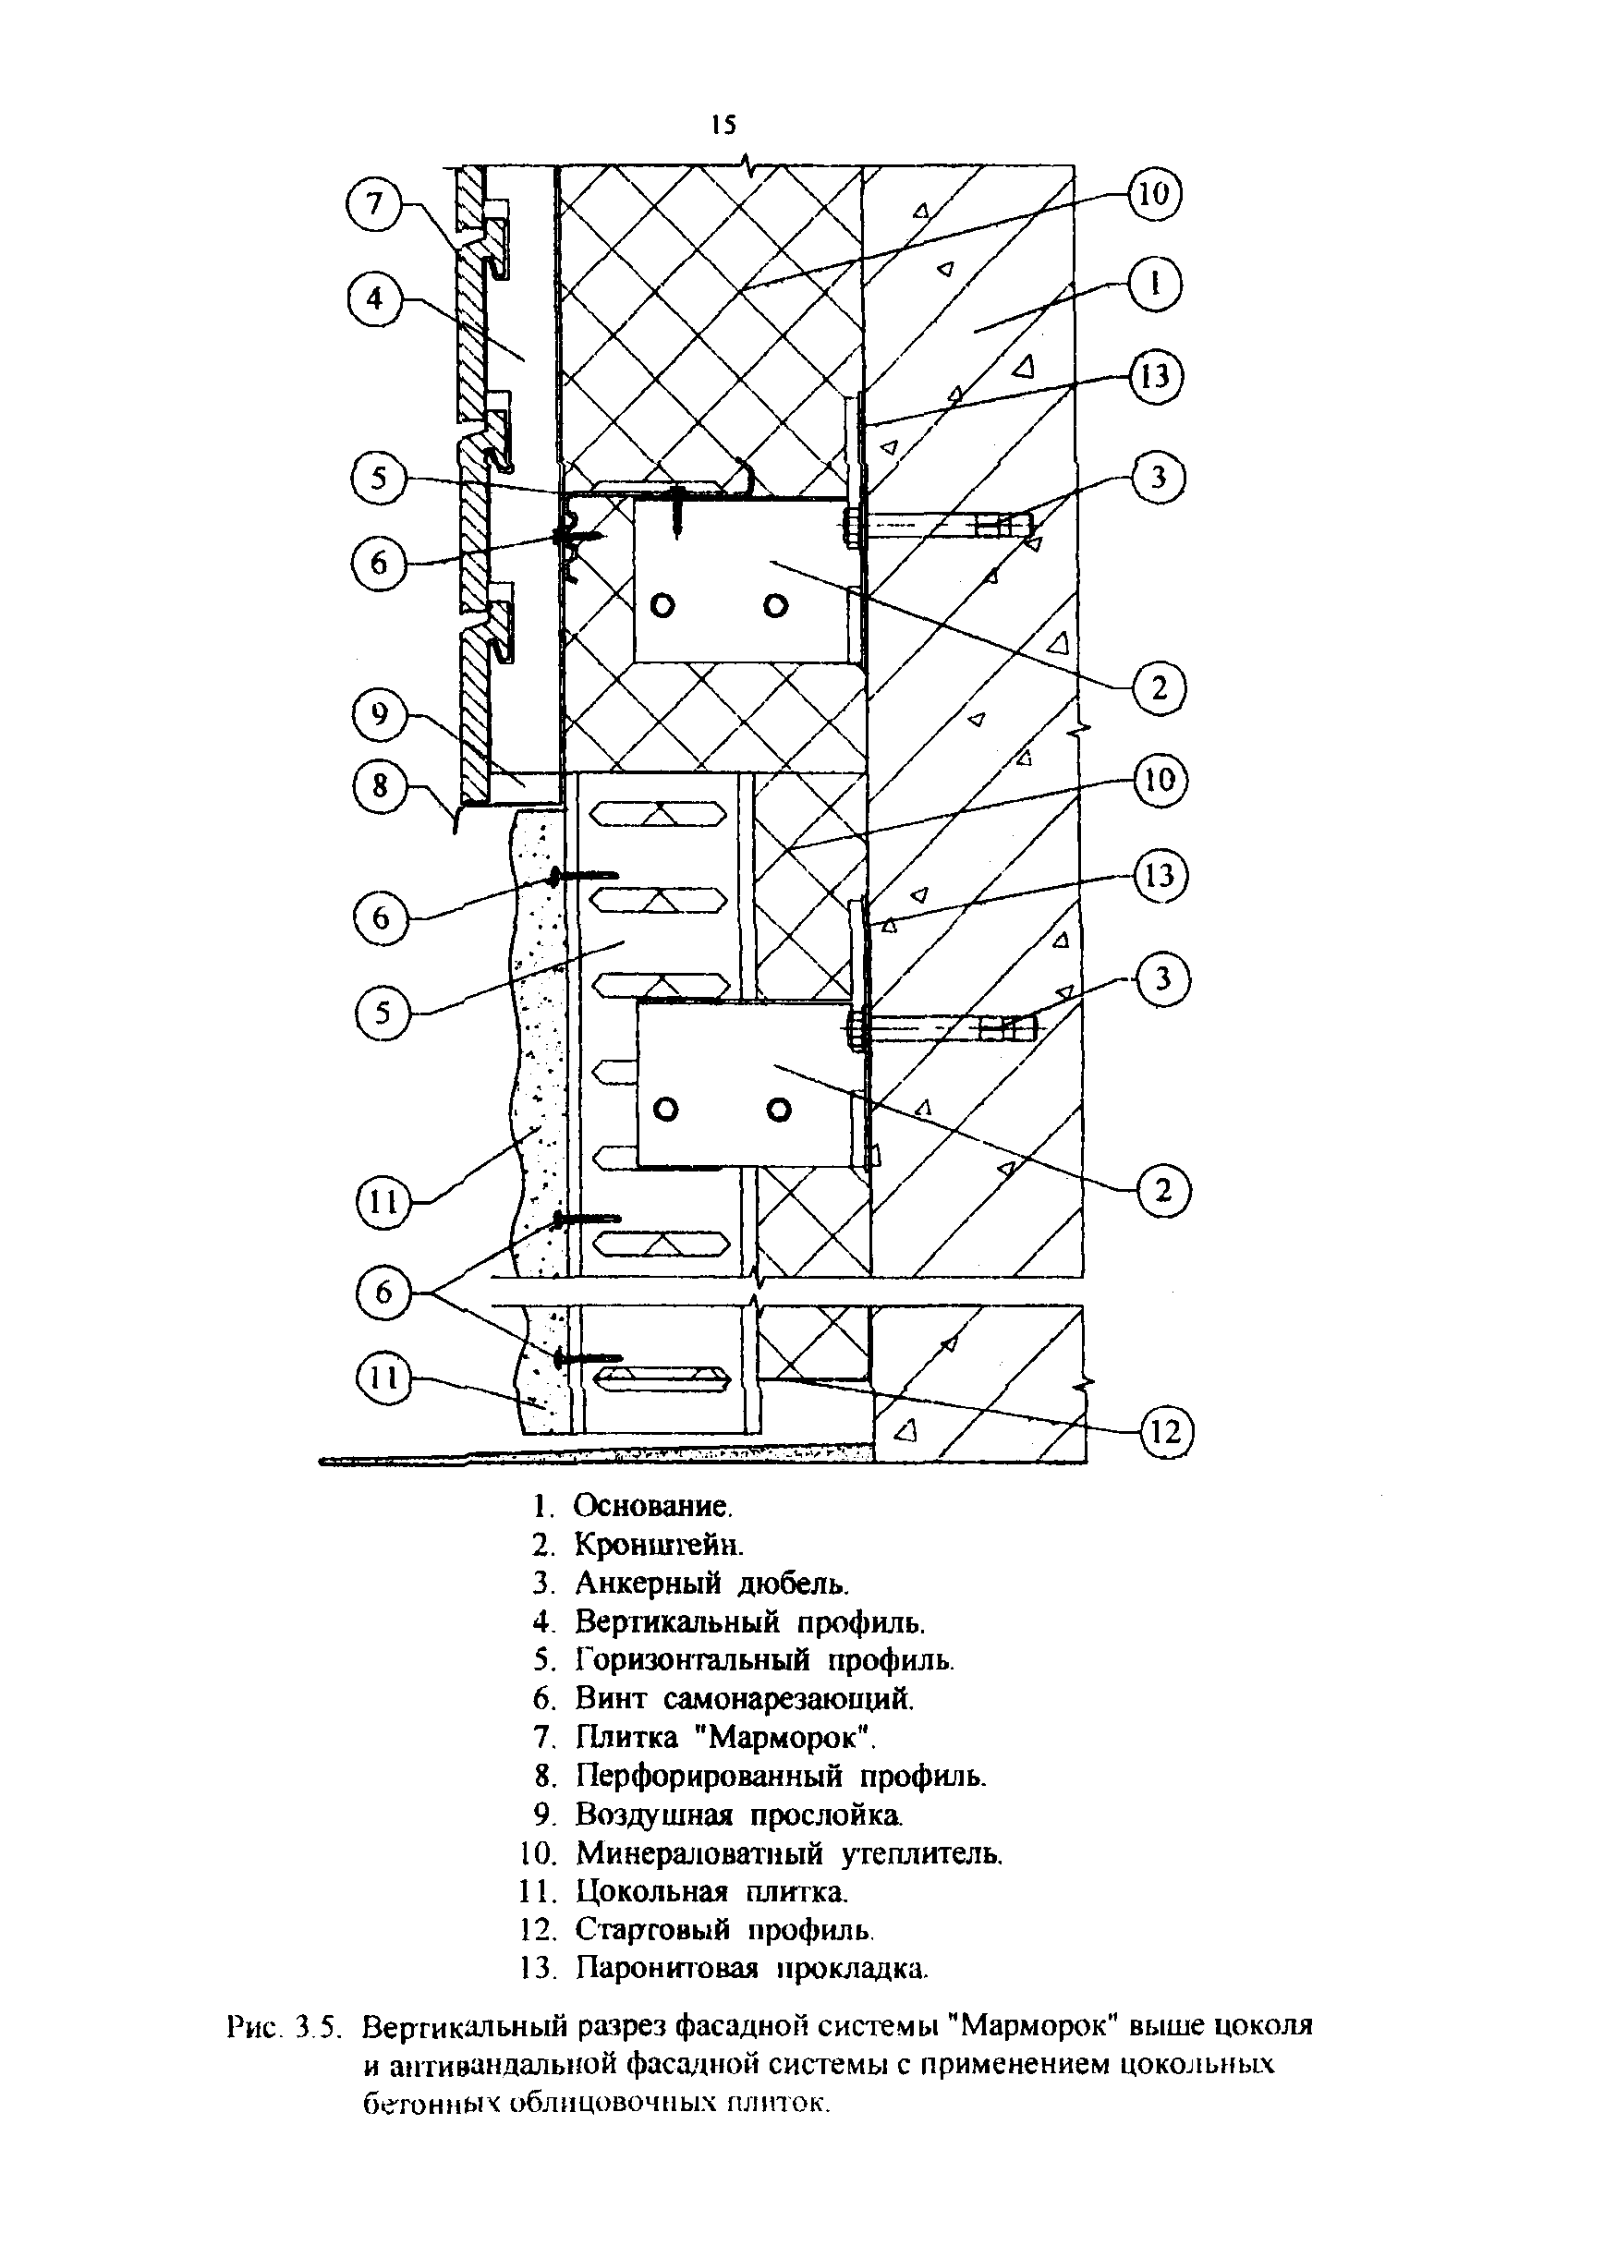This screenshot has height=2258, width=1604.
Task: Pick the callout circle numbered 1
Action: click(x=1155, y=285)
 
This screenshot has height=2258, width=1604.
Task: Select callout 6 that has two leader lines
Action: click(x=383, y=1293)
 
